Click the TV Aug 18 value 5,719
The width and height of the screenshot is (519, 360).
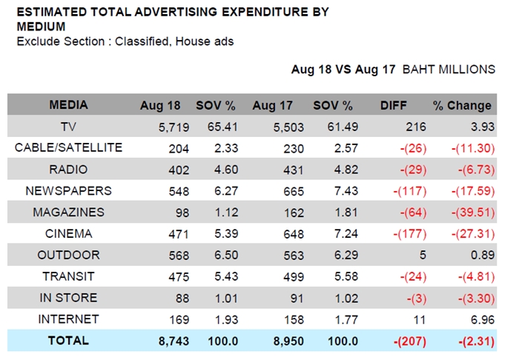tap(173, 127)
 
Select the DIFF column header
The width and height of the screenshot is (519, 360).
tap(393, 105)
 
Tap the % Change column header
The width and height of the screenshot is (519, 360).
tap(462, 105)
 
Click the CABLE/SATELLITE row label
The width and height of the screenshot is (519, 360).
tap(68, 147)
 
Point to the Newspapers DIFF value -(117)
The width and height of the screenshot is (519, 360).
tap(410, 191)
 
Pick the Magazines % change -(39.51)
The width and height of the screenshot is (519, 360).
tap(473, 213)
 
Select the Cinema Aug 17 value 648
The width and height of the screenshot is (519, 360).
tap(294, 234)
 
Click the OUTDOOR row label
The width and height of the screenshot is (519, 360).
tap(68, 255)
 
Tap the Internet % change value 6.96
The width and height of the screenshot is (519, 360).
tap(483, 320)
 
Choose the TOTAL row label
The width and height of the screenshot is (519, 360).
tap(68, 341)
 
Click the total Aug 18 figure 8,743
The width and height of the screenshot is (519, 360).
tap(173, 341)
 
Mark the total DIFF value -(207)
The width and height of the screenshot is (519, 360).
tap(410, 341)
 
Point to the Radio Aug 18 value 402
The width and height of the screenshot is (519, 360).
tap(179, 170)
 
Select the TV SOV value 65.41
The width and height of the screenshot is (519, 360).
tap(222, 127)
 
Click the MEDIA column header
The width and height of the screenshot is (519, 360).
tap(68, 104)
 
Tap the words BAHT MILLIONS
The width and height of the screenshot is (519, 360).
tap(449, 70)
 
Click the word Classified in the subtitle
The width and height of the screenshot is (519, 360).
tap(142, 41)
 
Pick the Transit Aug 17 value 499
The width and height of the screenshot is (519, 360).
tap(294, 277)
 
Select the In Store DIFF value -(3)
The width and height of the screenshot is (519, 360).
tap(417, 299)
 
